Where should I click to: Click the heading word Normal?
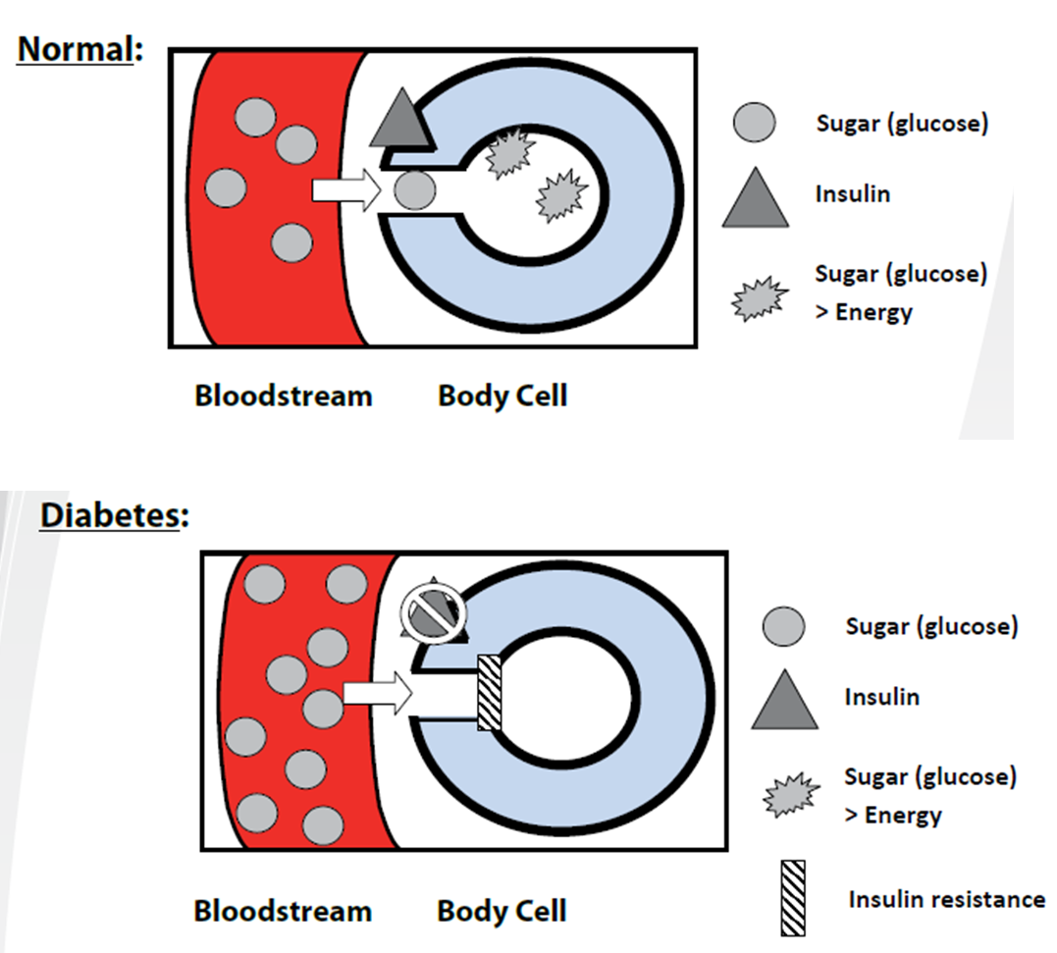[x=75, y=49]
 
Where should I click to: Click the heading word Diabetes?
[x=111, y=515]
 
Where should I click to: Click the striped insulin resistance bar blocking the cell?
[x=489, y=693]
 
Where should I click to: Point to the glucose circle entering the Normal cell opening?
[x=415, y=189]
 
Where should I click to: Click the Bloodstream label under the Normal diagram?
[x=283, y=397]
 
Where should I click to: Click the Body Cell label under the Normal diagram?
[x=502, y=397]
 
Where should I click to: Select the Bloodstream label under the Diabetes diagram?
[x=283, y=910]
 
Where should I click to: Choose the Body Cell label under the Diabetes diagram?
[x=502, y=910]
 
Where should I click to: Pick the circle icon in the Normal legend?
[x=755, y=124]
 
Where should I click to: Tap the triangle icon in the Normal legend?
[x=755, y=199]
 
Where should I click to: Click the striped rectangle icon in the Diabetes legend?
[x=793, y=897]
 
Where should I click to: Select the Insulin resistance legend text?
[x=946, y=899]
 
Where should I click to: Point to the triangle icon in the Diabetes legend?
[x=784, y=702]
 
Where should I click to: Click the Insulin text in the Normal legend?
[x=852, y=193]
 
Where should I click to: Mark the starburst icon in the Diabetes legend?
[x=789, y=795]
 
